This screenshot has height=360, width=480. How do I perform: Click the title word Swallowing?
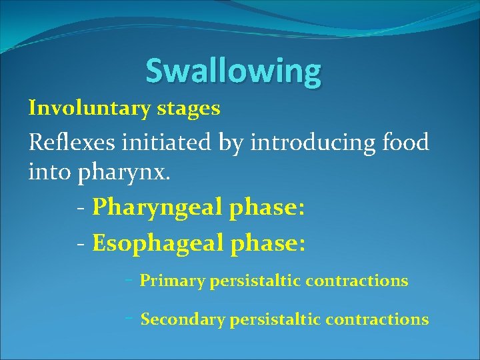pyautogui.click(x=233, y=71)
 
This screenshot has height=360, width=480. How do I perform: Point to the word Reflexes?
pyautogui.click(x=69, y=142)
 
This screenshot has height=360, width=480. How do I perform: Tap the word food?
pyautogui.click(x=404, y=142)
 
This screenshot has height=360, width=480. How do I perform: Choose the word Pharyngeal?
pyautogui.click(x=157, y=209)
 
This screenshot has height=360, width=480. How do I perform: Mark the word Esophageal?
pyautogui.click(x=157, y=243)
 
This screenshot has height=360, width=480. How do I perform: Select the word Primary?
pyautogui.click(x=172, y=281)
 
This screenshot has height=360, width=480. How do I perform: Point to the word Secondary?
pyautogui.click(x=183, y=320)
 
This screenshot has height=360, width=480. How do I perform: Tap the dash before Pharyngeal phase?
pyautogui.click(x=80, y=209)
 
